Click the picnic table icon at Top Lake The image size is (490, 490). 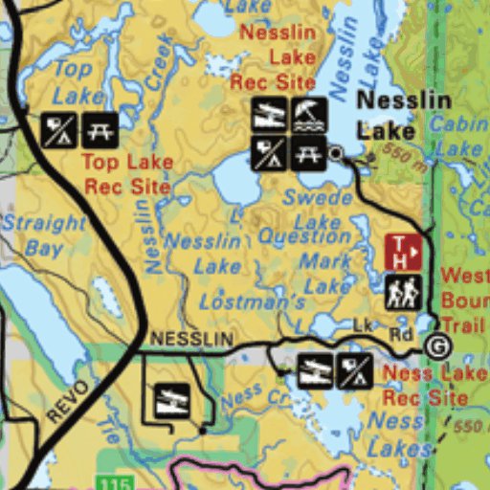point(100,129)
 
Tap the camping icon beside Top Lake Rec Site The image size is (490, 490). point(58,129)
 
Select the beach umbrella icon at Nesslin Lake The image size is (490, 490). point(308,115)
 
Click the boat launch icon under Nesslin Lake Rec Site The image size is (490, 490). point(269,115)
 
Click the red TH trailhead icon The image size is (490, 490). point(403,253)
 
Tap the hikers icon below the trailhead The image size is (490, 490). point(403,291)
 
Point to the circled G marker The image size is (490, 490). point(437,346)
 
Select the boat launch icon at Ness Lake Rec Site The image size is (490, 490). point(314,371)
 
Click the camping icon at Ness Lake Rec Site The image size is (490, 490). point(354,371)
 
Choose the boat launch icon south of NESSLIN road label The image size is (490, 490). point(171,395)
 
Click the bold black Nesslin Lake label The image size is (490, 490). point(387,114)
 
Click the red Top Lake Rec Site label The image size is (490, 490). point(127,174)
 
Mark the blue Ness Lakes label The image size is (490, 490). point(396,433)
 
